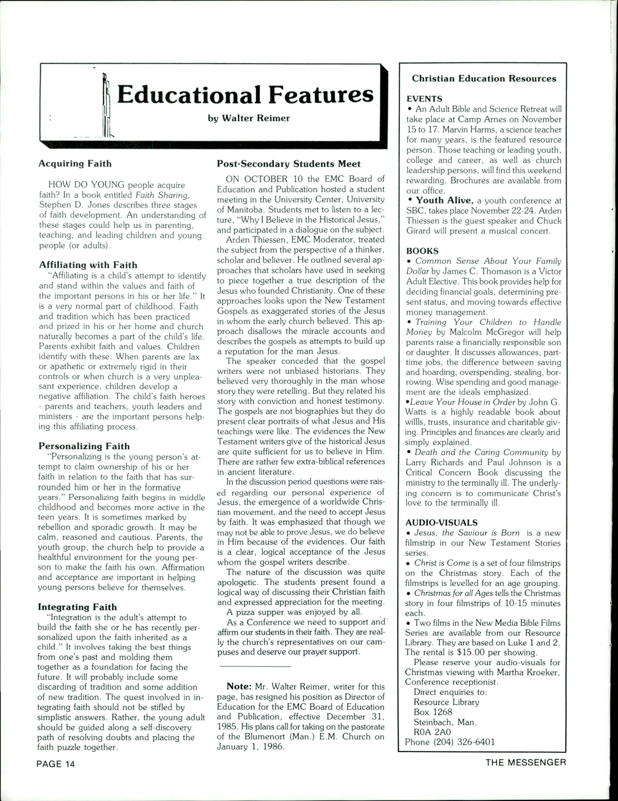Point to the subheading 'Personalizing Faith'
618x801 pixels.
(x=84, y=446)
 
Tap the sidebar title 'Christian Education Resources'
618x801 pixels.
(x=484, y=79)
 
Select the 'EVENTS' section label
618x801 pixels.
(x=424, y=99)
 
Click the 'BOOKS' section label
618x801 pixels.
(x=422, y=251)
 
